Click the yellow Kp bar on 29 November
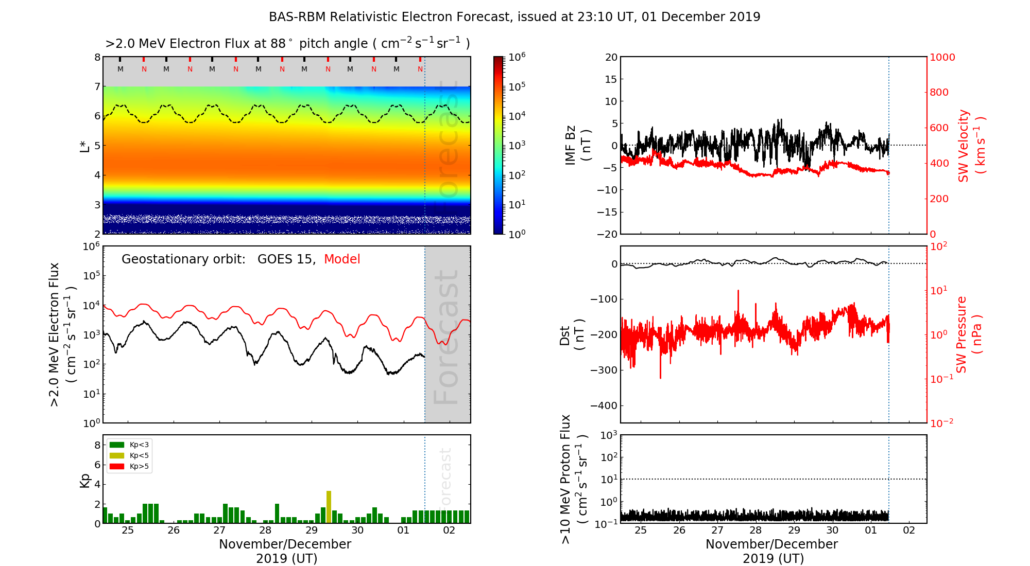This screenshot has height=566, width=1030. tap(329, 507)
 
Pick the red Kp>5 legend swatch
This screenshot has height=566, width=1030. tap(117, 467)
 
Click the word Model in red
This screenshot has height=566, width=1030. tap(342, 259)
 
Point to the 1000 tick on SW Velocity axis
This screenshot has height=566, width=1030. tap(942, 57)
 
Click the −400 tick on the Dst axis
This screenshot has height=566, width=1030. tap(604, 405)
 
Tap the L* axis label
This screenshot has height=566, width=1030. tap(84, 146)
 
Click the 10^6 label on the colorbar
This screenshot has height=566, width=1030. tap(517, 57)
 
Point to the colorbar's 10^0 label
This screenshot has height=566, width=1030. tap(517, 234)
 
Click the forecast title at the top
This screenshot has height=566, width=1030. tap(514, 17)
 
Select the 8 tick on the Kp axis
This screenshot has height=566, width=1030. tap(97, 445)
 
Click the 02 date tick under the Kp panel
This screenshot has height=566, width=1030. tap(449, 530)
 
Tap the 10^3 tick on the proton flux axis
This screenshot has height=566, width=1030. tap(609, 435)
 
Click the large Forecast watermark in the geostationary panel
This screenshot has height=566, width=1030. tap(447, 337)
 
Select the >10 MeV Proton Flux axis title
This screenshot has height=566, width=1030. tap(573, 479)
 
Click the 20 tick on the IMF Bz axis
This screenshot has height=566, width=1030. tap(611, 57)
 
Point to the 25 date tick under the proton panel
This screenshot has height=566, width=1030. tap(641, 530)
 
